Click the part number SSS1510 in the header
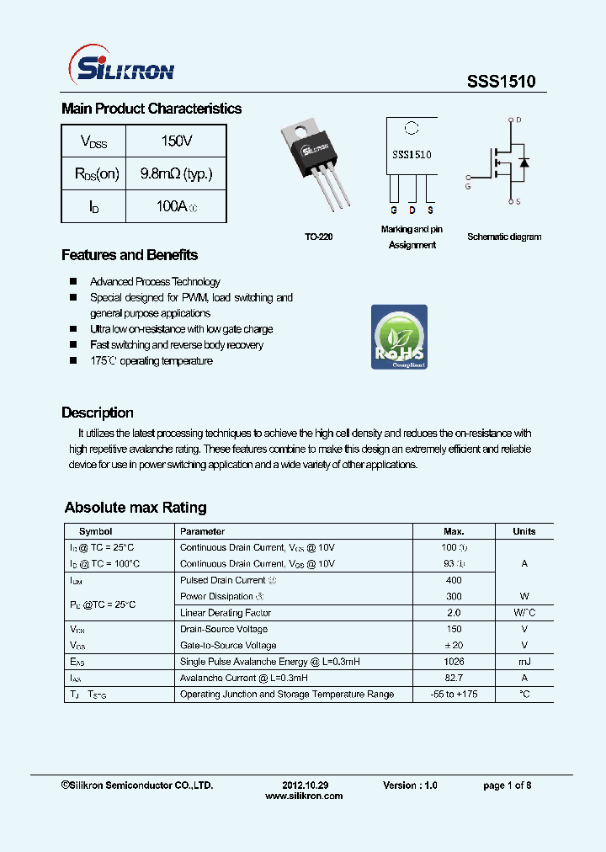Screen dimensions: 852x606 tap(501, 81)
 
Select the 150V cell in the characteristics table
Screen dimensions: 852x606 tap(176, 141)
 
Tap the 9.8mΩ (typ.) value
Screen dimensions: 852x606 tap(176, 173)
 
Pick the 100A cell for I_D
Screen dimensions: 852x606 tap(176, 206)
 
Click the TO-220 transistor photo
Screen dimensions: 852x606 tap(319, 164)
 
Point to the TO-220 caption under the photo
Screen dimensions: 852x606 tap(319, 237)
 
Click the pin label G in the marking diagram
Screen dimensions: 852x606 tap(393, 210)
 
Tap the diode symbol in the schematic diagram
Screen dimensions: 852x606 tap(524, 162)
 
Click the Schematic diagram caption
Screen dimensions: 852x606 tap(504, 237)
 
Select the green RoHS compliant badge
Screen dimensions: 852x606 tap(399, 337)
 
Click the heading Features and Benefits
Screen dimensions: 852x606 tap(130, 255)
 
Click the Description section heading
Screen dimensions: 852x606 tap(98, 413)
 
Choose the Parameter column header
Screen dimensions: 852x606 tap(203, 531)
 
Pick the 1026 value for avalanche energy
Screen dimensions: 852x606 tap(454, 662)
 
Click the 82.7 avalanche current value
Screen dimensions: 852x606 tap(454, 678)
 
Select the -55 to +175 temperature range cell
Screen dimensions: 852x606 tap(454, 695)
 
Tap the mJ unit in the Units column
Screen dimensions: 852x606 tap(524, 662)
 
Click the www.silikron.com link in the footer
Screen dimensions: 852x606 tap(304, 796)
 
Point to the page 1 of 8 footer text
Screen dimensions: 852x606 tap(507, 785)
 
